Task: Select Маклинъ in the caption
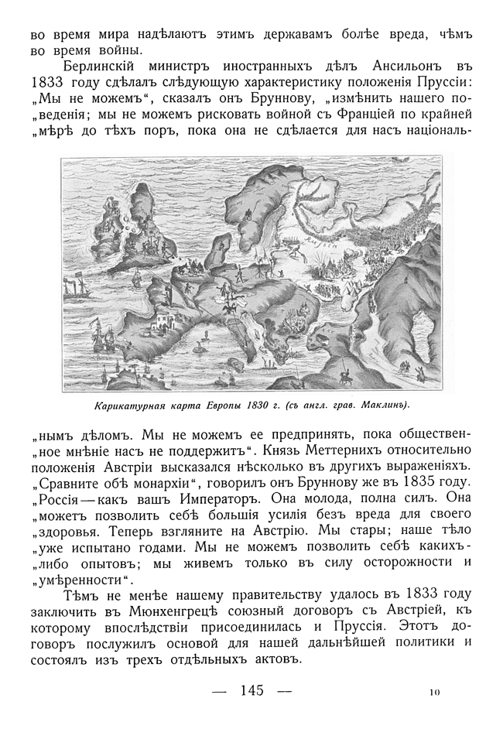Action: point(379,405)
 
